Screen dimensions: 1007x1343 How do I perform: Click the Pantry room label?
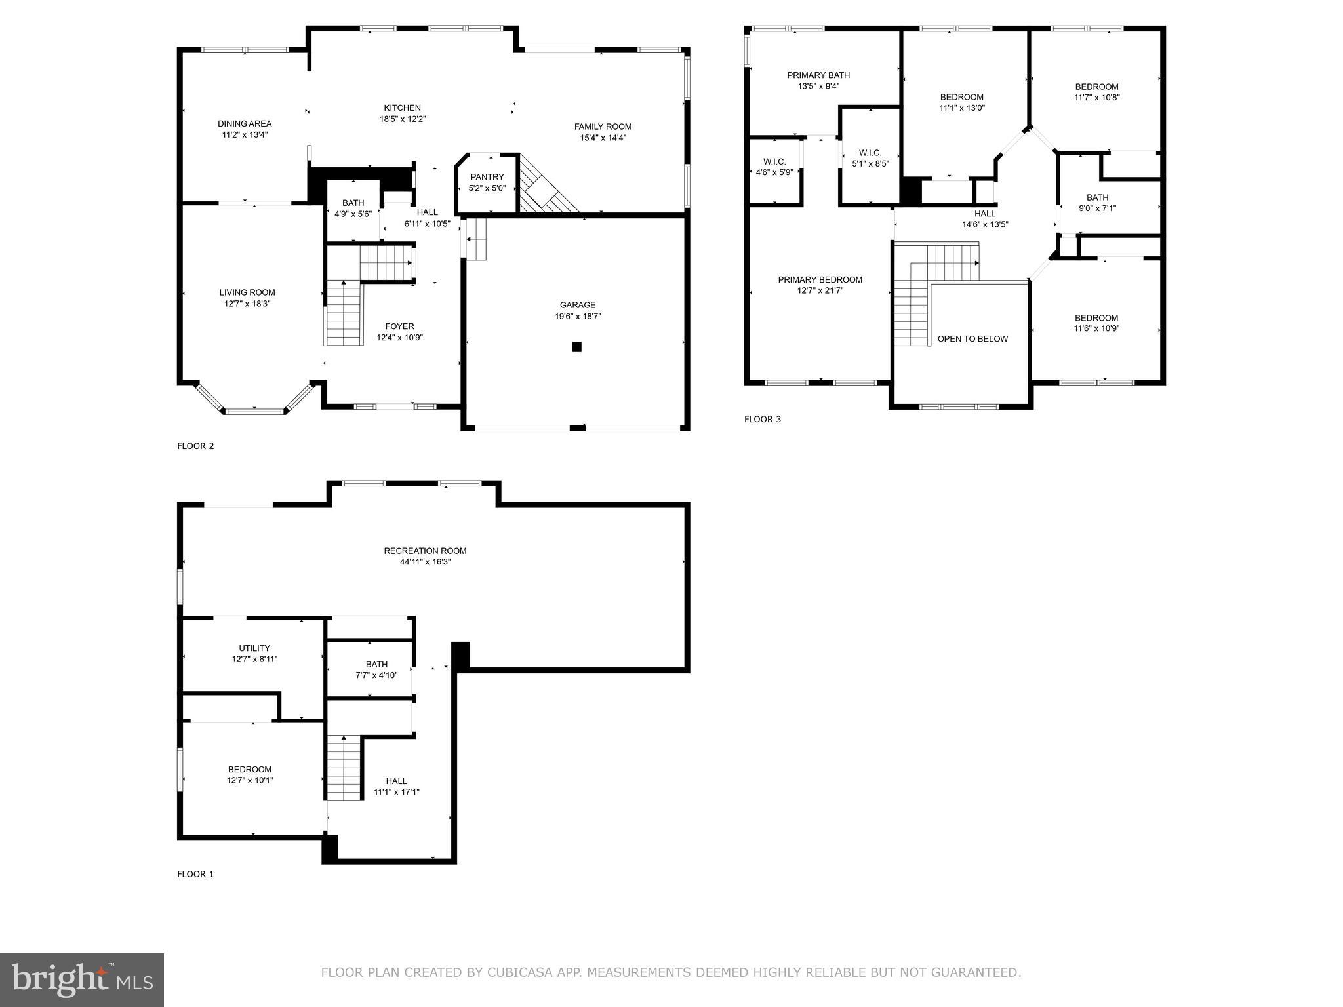click(x=487, y=177)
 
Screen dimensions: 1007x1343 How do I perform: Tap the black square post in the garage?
click(x=576, y=347)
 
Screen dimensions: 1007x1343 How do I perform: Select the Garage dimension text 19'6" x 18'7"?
click(x=578, y=316)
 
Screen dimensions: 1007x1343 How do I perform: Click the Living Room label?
click(x=247, y=292)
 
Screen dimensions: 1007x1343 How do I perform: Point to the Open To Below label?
click(x=972, y=339)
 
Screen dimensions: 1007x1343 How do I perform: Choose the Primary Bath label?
click(x=818, y=75)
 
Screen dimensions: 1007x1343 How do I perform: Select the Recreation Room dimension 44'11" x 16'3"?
click(x=426, y=562)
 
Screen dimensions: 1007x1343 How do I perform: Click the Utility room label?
click(x=254, y=648)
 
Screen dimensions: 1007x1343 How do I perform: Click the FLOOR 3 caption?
click(x=763, y=420)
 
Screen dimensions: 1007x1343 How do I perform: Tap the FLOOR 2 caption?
click(x=195, y=446)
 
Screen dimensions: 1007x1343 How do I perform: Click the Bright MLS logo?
click(x=82, y=980)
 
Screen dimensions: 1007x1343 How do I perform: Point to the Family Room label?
click(x=603, y=127)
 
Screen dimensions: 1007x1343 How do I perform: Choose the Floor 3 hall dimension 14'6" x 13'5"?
click(x=985, y=224)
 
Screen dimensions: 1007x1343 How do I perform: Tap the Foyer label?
click(x=399, y=326)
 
